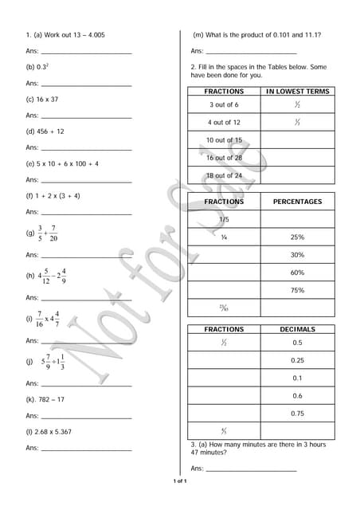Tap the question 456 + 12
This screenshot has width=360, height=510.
50,131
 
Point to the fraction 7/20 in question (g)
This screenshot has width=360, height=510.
53,233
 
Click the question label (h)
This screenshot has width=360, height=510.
30,276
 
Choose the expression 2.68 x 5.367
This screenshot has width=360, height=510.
55,432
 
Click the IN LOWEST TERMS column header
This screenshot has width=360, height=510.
297,92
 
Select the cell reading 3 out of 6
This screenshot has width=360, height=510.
224,105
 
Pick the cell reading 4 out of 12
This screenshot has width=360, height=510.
224,123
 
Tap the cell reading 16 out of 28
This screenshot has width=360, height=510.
224,158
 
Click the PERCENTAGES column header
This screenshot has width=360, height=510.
297,202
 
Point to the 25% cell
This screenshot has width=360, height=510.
297,237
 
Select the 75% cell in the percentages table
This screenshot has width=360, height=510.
297,290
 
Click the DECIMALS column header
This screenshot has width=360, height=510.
297,329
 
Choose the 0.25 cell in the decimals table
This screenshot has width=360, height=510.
297,360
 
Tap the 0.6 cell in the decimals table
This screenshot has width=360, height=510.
297,395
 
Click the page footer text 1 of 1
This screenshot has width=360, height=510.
180,481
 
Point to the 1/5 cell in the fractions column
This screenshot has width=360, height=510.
224,219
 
